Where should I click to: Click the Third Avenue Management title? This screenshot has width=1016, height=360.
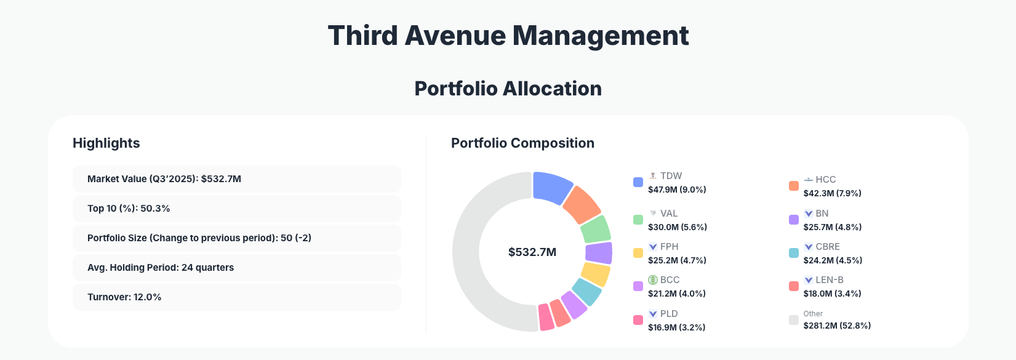[x=508, y=36]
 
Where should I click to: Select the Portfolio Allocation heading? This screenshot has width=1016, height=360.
[x=508, y=89]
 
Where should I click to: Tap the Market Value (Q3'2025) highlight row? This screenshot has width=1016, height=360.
[x=236, y=179]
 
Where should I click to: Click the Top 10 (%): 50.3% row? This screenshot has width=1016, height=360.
[x=236, y=209]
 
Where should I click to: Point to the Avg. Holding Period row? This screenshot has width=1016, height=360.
[x=236, y=268]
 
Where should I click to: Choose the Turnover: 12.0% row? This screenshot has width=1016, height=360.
[x=236, y=297]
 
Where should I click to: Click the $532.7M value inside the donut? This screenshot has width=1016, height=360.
[x=532, y=252]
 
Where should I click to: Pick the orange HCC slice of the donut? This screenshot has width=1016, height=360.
[x=581, y=205]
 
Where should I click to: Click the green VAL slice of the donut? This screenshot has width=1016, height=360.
[x=596, y=230]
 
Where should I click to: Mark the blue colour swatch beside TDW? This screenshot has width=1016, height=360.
[x=638, y=182]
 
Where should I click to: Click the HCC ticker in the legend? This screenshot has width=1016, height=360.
[x=825, y=180]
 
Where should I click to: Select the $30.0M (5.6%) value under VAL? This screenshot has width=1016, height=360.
[x=677, y=227]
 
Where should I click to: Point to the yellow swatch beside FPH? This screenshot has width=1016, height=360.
[x=638, y=253]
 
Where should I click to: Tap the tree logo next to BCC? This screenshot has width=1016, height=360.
[x=653, y=280]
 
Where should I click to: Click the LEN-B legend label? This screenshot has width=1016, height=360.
[x=829, y=280]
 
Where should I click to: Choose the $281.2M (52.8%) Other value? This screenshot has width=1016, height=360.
[x=837, y=326]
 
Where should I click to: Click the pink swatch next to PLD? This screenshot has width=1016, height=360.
[x=638, y=320]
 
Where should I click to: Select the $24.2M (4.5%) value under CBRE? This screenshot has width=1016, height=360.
[x=833, y=260]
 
